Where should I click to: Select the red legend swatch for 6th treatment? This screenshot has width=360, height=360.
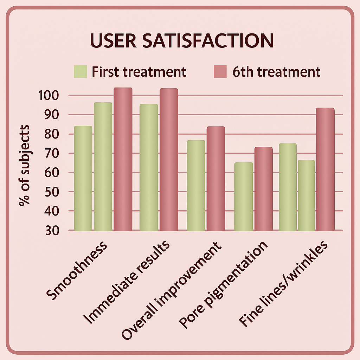pos(220,72)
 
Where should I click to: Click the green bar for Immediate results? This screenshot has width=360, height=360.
pos(149,167)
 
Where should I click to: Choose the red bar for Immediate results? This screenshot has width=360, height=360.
pos(169,159)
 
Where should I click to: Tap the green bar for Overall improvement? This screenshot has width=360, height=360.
pos(196,185)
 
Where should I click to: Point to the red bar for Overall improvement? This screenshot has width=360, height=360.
pos(216,178)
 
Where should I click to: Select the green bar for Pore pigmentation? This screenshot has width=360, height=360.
pos(243,196)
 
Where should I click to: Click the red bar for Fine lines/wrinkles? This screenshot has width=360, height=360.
pos(325,169)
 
